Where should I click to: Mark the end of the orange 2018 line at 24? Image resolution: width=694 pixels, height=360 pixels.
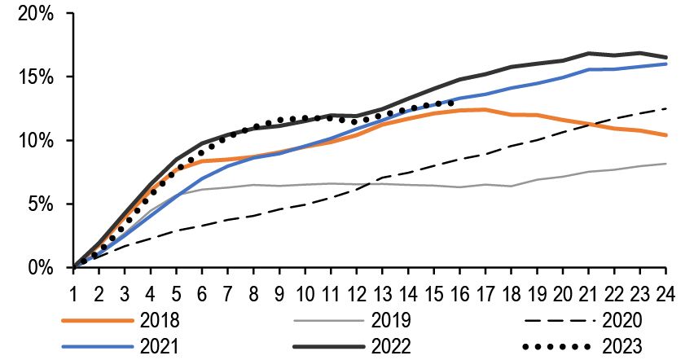[667, 135]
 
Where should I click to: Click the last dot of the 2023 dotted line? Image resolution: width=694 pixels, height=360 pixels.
[450, 103]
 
